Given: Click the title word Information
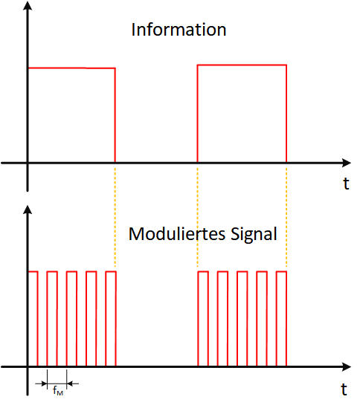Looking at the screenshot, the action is (179, 30).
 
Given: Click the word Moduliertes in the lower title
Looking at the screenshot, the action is (177, 233).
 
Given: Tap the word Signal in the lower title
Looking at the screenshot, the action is (254, 235).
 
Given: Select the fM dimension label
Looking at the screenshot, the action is (58, 390).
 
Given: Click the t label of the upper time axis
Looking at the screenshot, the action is (347, 184).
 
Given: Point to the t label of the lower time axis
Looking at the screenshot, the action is (344, 389).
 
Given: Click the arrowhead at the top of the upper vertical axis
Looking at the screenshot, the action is (28, 5).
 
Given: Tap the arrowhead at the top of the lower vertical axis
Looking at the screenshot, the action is (28, 210).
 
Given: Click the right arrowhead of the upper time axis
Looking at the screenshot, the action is (347, 163).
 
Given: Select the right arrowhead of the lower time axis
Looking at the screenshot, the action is (347, 366).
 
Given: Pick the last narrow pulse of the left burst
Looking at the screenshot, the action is (111, 271).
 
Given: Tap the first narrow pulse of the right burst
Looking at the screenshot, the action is (203, 271).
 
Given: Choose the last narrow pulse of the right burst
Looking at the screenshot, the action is (281, 271).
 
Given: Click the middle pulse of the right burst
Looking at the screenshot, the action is (242, 271).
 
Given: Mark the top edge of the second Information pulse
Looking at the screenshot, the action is (242, 65).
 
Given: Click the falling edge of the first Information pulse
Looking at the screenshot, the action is (115, 115).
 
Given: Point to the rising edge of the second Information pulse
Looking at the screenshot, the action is (198, 114).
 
